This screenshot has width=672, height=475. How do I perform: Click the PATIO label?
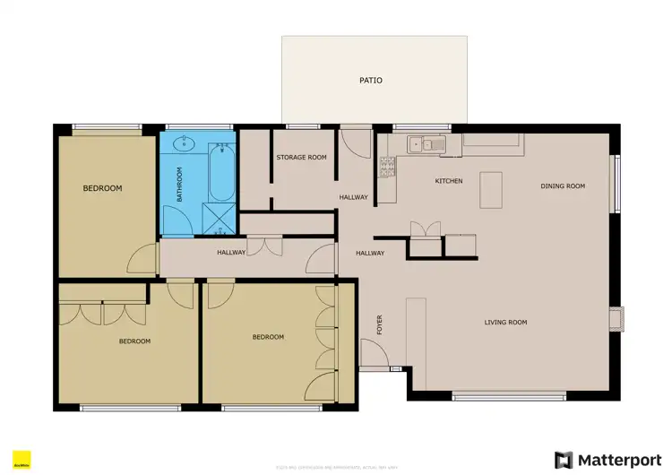click(371, 81)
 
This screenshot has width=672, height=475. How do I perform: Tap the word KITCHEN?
click(449, 182)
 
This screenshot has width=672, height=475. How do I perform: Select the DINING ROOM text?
click(563, 186)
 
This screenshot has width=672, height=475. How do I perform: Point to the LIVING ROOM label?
click(505, 323)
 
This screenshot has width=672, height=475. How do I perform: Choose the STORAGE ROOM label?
click(301, 158)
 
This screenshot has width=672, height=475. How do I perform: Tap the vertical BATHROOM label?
click(179, 184)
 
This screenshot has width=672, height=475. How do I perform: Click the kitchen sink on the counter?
click(420, 144)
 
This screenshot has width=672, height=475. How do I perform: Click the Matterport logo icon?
click(564, 460)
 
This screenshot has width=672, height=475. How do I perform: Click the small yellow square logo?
click(22, 461)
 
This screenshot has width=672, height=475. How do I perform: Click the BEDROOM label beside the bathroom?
click(102, 188)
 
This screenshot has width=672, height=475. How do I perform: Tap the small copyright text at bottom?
click(336, 467)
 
